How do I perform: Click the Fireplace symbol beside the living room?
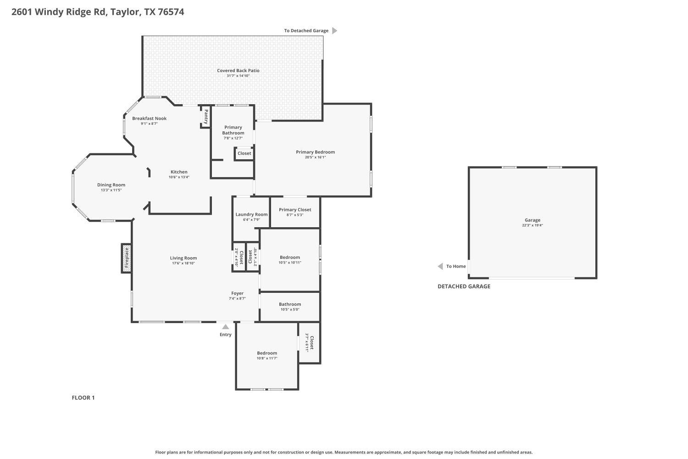coord(127,258)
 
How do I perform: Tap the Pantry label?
coord(205,117)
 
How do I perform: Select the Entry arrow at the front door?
coord(225,327)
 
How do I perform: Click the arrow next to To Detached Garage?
coord(334,31)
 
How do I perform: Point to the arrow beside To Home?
coord(440,266)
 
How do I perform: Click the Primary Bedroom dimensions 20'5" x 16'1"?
coord(315,157)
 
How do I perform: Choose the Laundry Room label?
coord(251,214)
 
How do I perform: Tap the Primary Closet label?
coord(295,210)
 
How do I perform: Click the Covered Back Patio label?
coord(238,71)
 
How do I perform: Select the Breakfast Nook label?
coord(149,118)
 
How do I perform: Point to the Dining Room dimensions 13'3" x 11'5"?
coord(111,190)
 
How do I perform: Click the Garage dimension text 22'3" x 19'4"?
coord(532,225)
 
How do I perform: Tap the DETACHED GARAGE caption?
coord(464,286)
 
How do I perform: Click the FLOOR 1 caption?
coord(83,397)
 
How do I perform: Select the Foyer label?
coord(237,293)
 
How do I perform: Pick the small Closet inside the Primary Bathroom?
coord(244,153)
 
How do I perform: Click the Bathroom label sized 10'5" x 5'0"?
coord(290,304)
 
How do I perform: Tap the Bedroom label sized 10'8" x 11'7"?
coord(267,353)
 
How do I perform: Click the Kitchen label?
coord(179,172)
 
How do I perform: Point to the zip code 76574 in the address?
coord(171,12)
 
